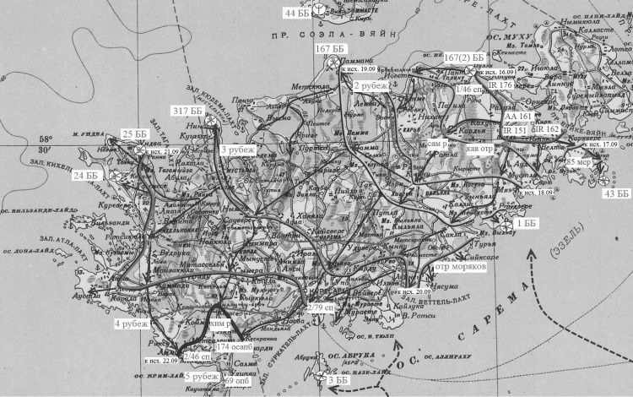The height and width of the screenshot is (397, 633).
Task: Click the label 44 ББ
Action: pyautogui.click(x=297, y=13)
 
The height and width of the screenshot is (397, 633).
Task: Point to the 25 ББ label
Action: pyautogui.click(x=133, y=134)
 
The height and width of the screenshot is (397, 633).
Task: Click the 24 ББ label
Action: pyautogui.click(x=85, y=175)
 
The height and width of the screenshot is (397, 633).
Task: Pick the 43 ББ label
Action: pyautogui.click(x=617, y=194)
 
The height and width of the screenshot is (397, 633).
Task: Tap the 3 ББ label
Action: pyautogui.click(x=338, y=381)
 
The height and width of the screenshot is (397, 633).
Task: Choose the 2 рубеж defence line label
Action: pyautogui.click(x=371, y=86)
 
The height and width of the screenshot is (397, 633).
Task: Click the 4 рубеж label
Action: pyautogui.click(x=132, y=323)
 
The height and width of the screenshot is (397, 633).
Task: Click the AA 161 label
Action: pyautogui.click(x=517, y=116)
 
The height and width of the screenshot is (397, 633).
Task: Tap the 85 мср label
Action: pyautogui.click(x=577, y=161)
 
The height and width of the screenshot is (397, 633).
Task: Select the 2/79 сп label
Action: pyautogui.click(x=321, y=307)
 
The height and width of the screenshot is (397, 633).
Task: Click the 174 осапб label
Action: pyautogui.click(x=234, y=347)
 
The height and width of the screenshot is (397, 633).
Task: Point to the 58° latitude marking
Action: pyautogui.click(x=44, y=139)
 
